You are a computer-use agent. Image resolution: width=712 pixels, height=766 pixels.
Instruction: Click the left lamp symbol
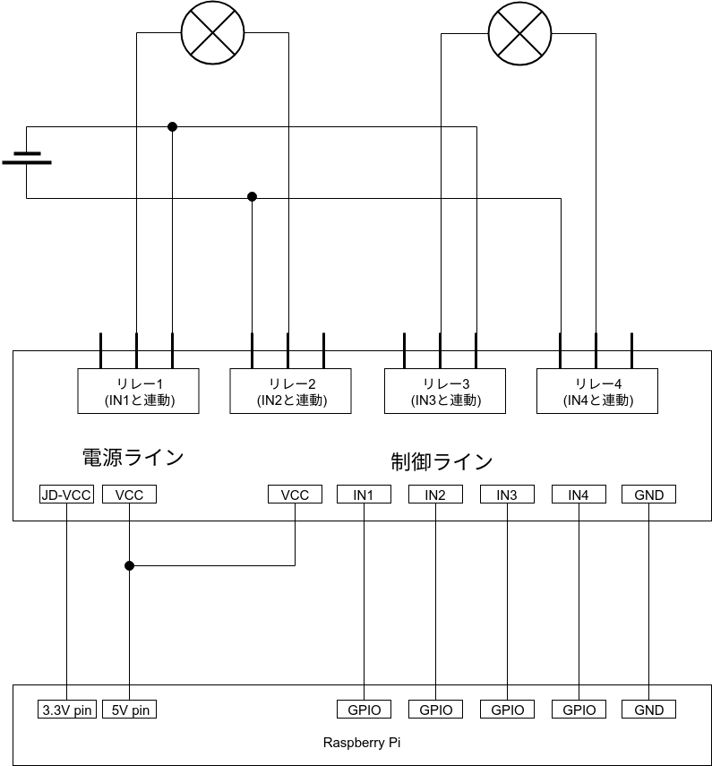point(213,33)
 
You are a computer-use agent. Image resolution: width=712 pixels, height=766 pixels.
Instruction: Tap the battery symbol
point(27,159)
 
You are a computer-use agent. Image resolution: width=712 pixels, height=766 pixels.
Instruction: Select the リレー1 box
point(139,392)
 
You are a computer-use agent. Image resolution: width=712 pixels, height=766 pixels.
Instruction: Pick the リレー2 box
point(291,392)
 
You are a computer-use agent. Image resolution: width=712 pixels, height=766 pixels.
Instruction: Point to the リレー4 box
point(597,392)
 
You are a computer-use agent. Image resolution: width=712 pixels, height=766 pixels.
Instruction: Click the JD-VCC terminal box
point(67,495)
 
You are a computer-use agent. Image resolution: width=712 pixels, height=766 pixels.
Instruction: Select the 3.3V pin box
point(67,710)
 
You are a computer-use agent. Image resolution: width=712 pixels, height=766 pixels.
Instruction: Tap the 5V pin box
point(130,710)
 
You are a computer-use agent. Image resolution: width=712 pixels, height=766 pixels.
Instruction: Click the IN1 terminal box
point(364,495)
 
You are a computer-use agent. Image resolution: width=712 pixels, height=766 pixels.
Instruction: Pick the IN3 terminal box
point(507,495)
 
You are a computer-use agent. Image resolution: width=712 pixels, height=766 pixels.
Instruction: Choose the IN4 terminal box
point(579,495)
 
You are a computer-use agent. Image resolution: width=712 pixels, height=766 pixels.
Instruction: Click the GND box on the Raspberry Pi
point(648,710)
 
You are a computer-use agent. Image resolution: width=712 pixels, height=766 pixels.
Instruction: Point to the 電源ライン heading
point(133,458)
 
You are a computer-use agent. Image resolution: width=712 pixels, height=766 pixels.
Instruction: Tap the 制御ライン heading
point(442,462)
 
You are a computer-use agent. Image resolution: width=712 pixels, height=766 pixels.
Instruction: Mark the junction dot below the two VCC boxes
point(130,565)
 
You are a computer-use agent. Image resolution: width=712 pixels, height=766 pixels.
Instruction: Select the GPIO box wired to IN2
point(435,710)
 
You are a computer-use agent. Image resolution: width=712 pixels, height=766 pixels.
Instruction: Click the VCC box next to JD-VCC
point(130,495)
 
